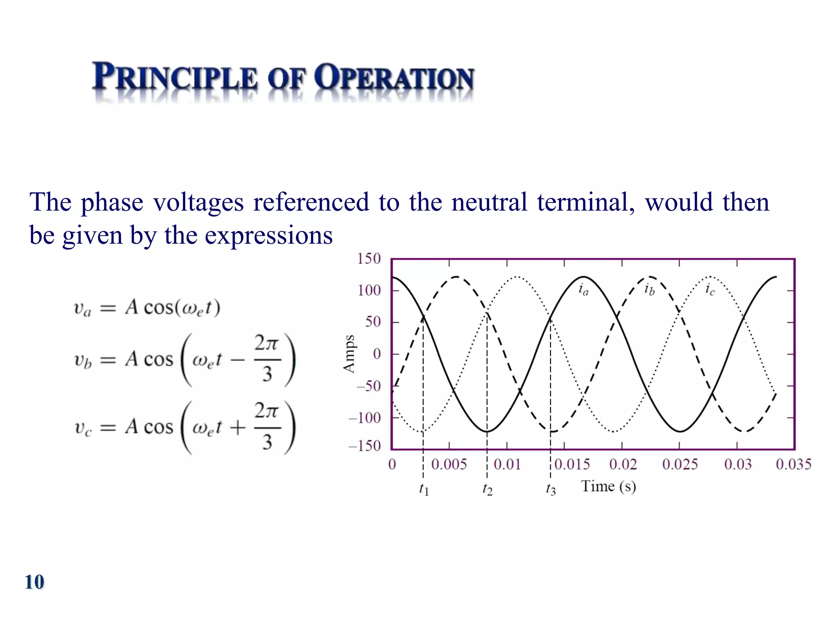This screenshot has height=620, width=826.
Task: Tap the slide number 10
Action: [x=34, y=582]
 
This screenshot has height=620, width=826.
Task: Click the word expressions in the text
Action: [x=269, y=235]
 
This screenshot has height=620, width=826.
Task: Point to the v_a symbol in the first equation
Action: [x=83, y=309]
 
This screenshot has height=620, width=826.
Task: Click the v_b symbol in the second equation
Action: [x=83, y=360]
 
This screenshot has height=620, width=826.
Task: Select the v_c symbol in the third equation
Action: [x=83, y=428]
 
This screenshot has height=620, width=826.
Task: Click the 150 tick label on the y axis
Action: [x=369, y=259]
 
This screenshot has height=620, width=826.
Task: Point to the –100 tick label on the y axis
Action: [x=365, y=418]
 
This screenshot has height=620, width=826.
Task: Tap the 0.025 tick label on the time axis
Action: [x=680, y=464]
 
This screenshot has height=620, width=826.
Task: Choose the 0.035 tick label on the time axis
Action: [x=793, y=464]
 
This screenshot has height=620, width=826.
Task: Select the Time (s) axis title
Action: [x=608, y=486]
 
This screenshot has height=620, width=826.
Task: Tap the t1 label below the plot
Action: [x=423, y=489]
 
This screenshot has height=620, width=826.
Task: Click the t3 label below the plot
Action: [x=551, y=489]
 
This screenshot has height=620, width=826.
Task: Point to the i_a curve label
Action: [x=583, y=289]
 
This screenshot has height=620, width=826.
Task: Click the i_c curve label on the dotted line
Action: [x=710, y=289]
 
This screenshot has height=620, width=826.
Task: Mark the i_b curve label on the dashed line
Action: [x=649, y=289]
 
